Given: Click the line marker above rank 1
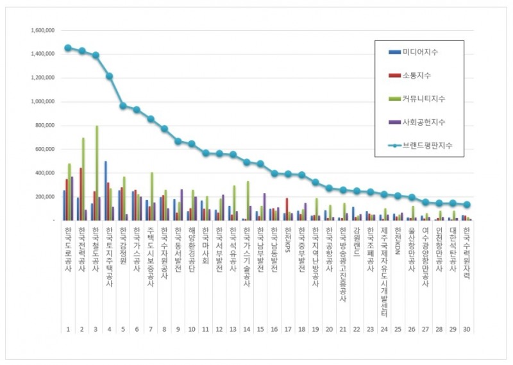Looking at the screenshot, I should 68,48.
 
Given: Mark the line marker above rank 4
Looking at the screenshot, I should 110,76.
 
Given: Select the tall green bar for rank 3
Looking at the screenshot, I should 97,173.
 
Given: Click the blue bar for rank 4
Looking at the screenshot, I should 106,191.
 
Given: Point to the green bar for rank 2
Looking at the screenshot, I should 83,179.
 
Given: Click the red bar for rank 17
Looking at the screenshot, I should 287,209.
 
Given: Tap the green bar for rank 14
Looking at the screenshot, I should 248,201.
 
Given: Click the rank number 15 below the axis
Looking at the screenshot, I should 260,329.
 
